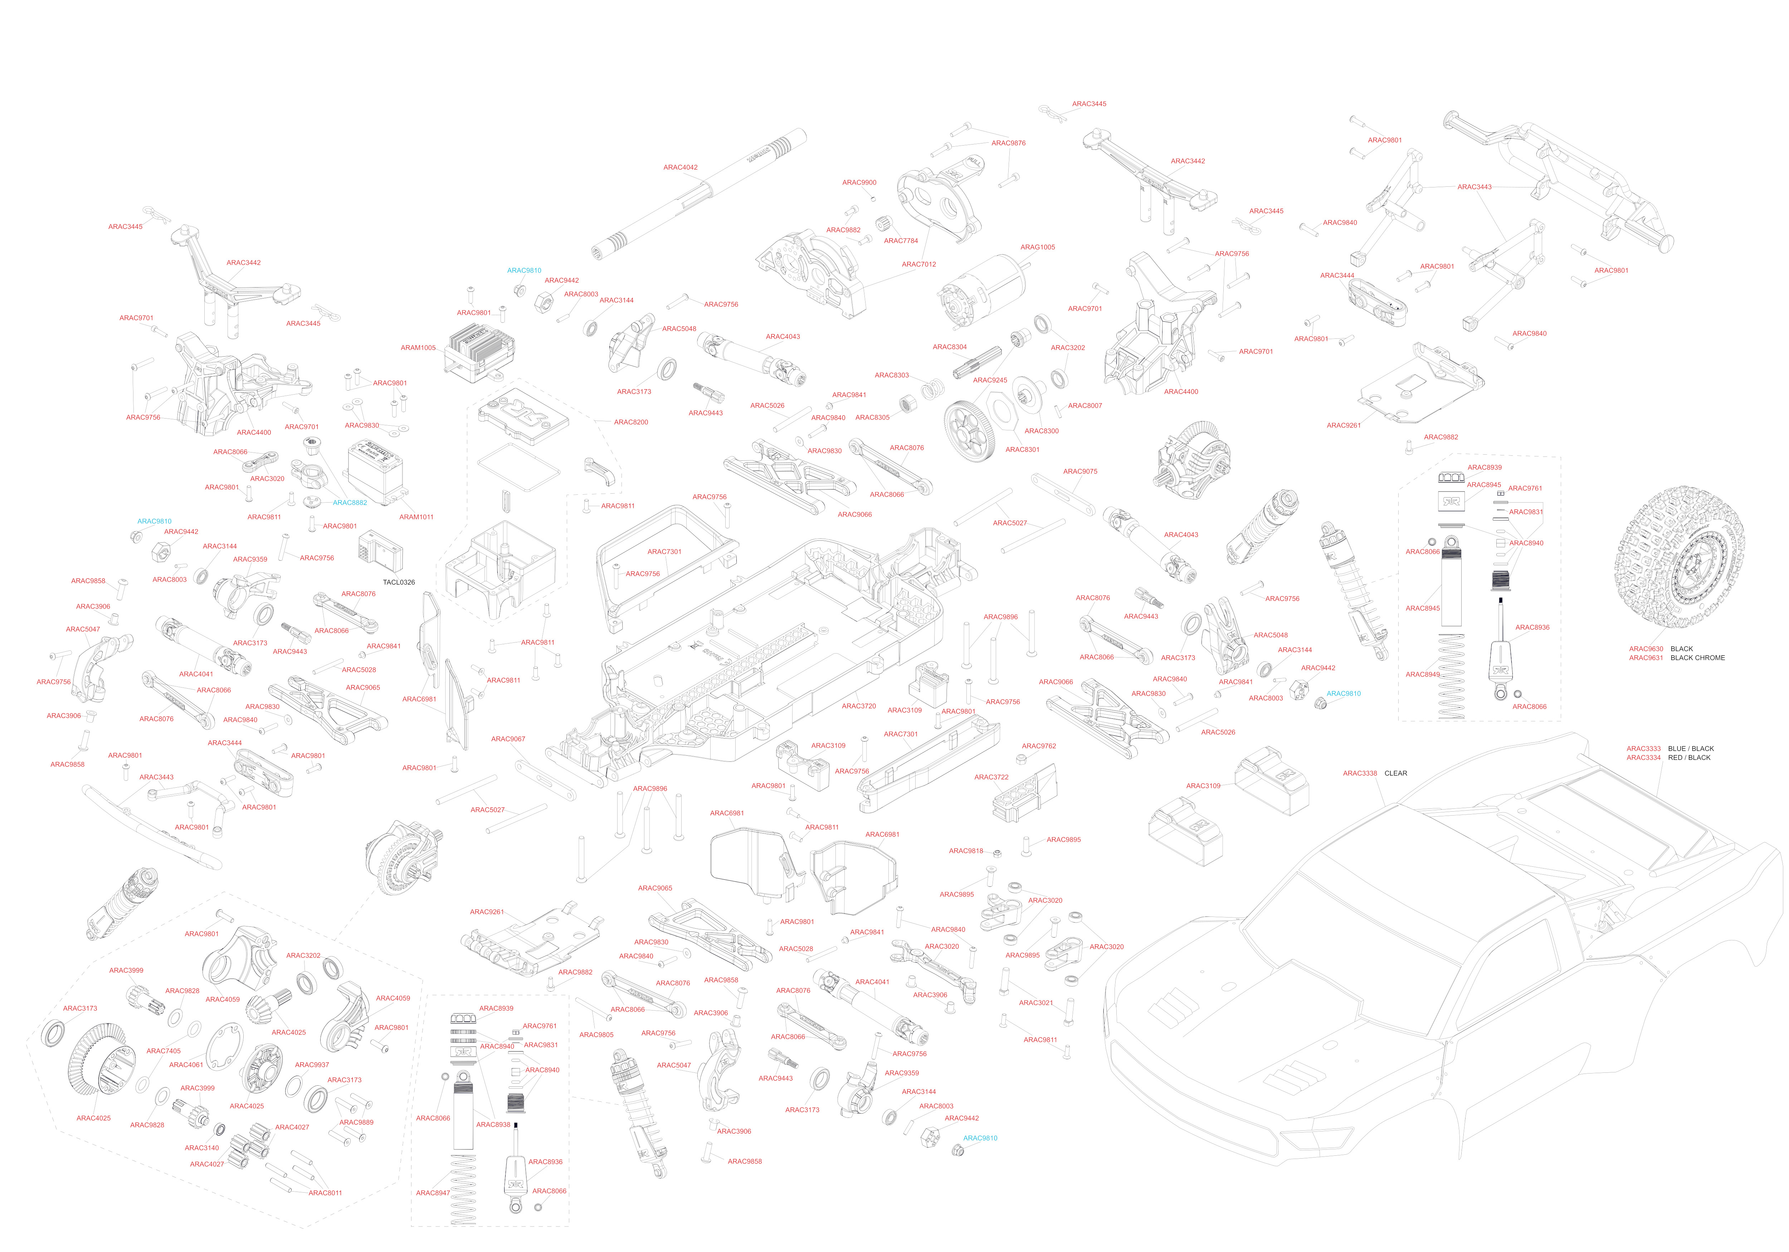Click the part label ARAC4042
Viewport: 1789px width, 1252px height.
tap(680, 167)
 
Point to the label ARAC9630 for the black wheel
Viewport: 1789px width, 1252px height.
tap(1646, 649)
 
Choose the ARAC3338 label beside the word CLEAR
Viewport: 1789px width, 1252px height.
tap(1360, 774)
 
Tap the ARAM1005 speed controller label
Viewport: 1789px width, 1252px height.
tap(418, 348)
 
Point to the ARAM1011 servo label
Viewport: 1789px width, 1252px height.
tap(416, 517)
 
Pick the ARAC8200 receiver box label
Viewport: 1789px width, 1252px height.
tap(630, 422)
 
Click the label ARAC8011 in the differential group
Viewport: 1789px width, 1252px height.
tap(325, 1193)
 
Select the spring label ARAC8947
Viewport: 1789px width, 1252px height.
tap(433, 1193)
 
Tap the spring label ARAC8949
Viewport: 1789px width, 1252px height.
tap(1423, 675)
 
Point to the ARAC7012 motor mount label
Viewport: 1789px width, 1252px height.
tap(919, 265)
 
